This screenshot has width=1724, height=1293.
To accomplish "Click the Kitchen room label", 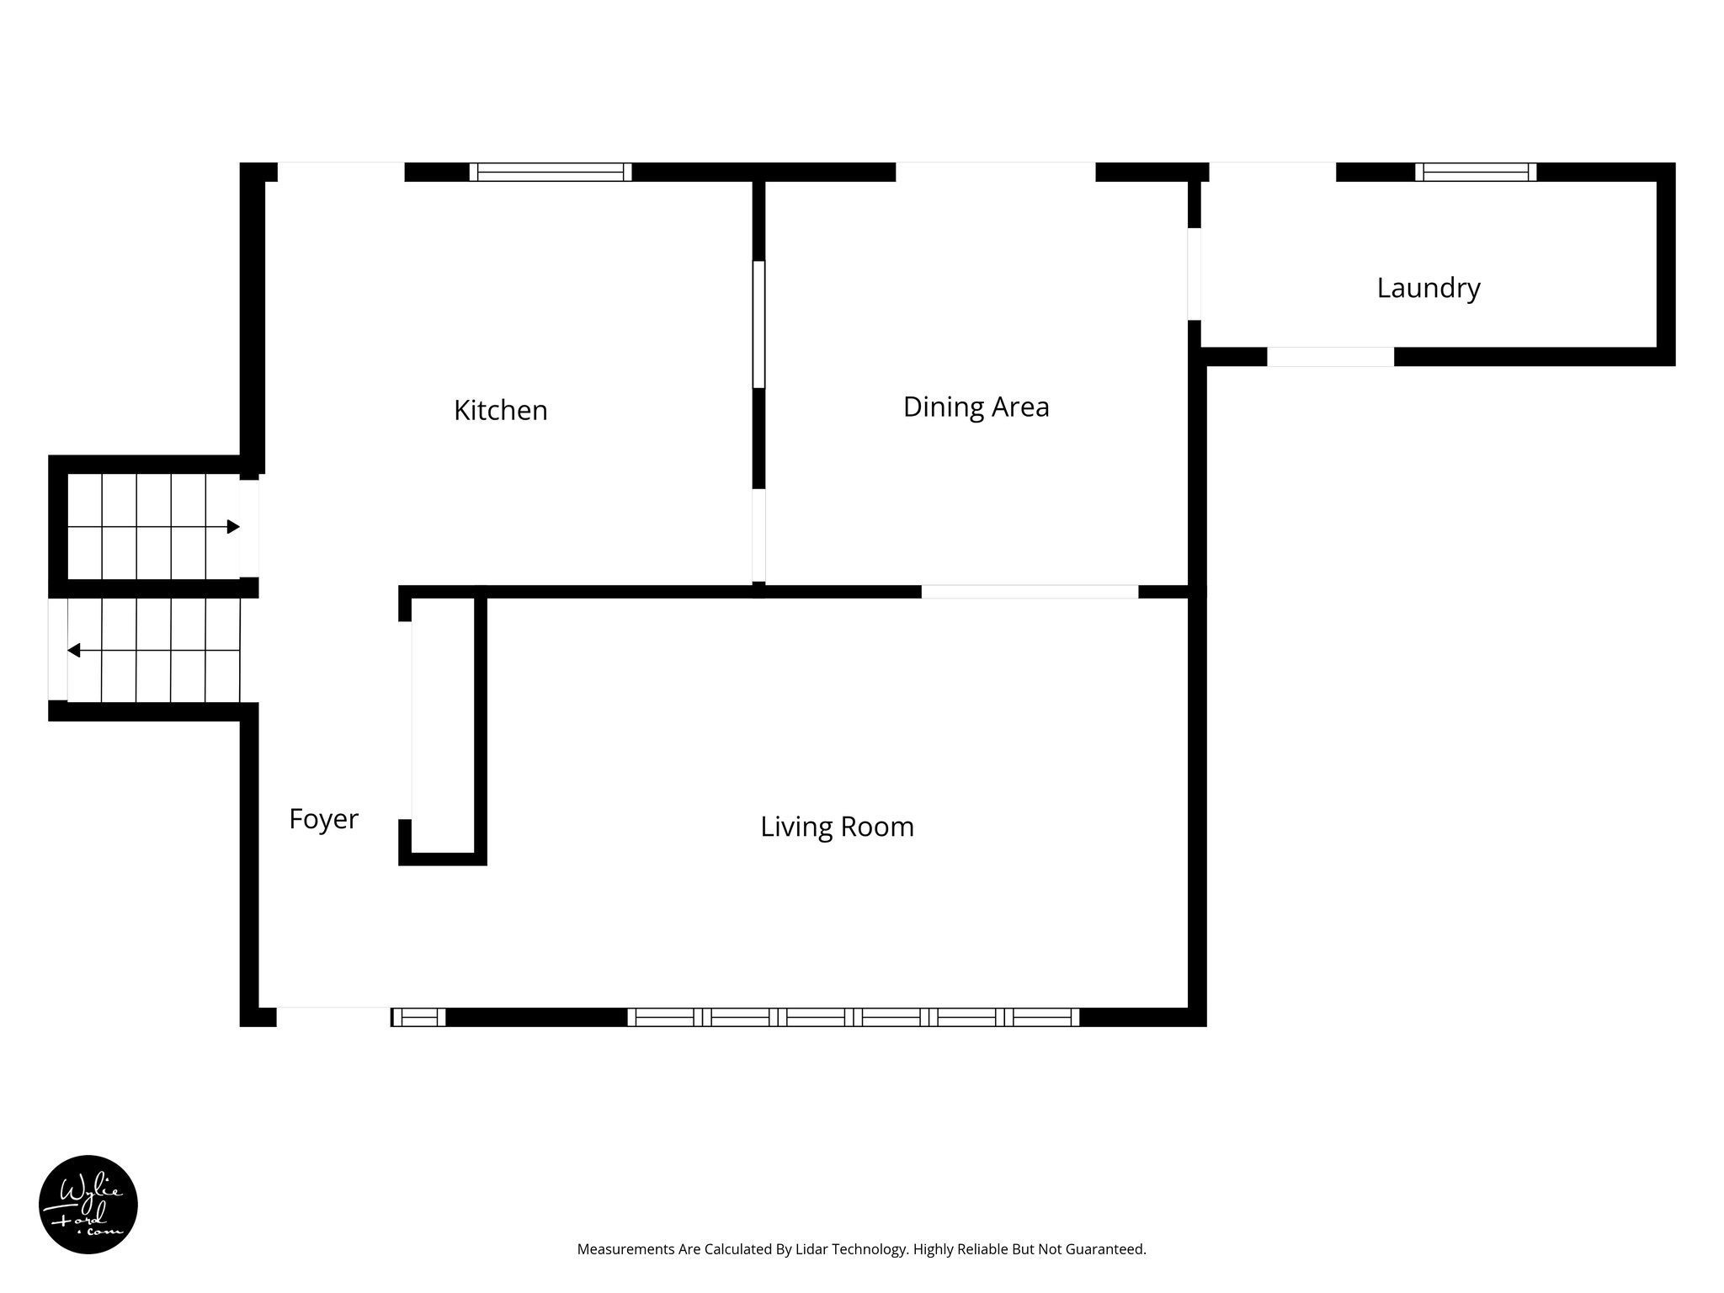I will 500,410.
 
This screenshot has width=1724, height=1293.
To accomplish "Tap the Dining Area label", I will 976,407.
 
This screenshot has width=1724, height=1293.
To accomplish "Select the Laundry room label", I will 1428,288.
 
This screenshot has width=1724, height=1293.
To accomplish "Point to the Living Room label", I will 837,827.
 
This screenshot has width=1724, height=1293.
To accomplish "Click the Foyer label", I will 323,819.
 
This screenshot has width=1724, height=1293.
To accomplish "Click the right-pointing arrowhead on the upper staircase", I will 233,527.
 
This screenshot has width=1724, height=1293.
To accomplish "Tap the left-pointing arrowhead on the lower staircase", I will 74,650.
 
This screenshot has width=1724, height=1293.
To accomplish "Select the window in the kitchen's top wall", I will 551,172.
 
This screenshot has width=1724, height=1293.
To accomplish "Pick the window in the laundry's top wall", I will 1475,172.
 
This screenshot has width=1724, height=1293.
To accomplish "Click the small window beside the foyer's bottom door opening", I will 418,1017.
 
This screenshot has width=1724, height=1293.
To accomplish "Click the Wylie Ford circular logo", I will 88,1205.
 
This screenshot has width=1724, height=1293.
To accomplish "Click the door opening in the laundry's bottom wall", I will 1330,357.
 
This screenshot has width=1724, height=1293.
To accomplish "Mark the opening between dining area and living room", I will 1030,592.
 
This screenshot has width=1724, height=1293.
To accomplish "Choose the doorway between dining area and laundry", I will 1194,274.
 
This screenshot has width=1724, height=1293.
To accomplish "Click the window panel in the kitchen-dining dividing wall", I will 758,324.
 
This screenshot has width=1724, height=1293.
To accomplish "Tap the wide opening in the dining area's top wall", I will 995,172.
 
